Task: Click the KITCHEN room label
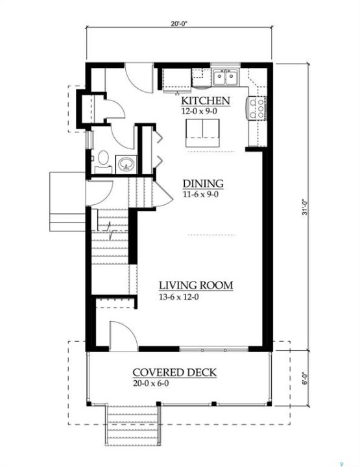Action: pos(206,101)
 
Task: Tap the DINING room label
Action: pos(203,184)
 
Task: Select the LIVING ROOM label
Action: pos(196,285)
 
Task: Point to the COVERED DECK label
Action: pos(174,372)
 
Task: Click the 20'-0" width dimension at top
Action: pos(179,24)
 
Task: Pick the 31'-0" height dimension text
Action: pos(305,208)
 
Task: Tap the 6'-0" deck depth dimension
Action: pos(305,379)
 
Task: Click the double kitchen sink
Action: pos(226,77)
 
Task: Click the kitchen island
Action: pos(202,133)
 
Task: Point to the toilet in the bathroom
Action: pos(103,161)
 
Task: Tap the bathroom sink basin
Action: pos(126,164)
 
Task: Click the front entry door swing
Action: pos(124,335)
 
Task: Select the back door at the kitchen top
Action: pos(139,77)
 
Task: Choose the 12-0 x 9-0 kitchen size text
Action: pos(199,112)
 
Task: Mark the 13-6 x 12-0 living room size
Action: pos(178,297)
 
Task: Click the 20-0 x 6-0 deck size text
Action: pos(151,383)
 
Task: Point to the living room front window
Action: pos(214,350)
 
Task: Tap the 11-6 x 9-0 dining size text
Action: pos(200,195)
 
